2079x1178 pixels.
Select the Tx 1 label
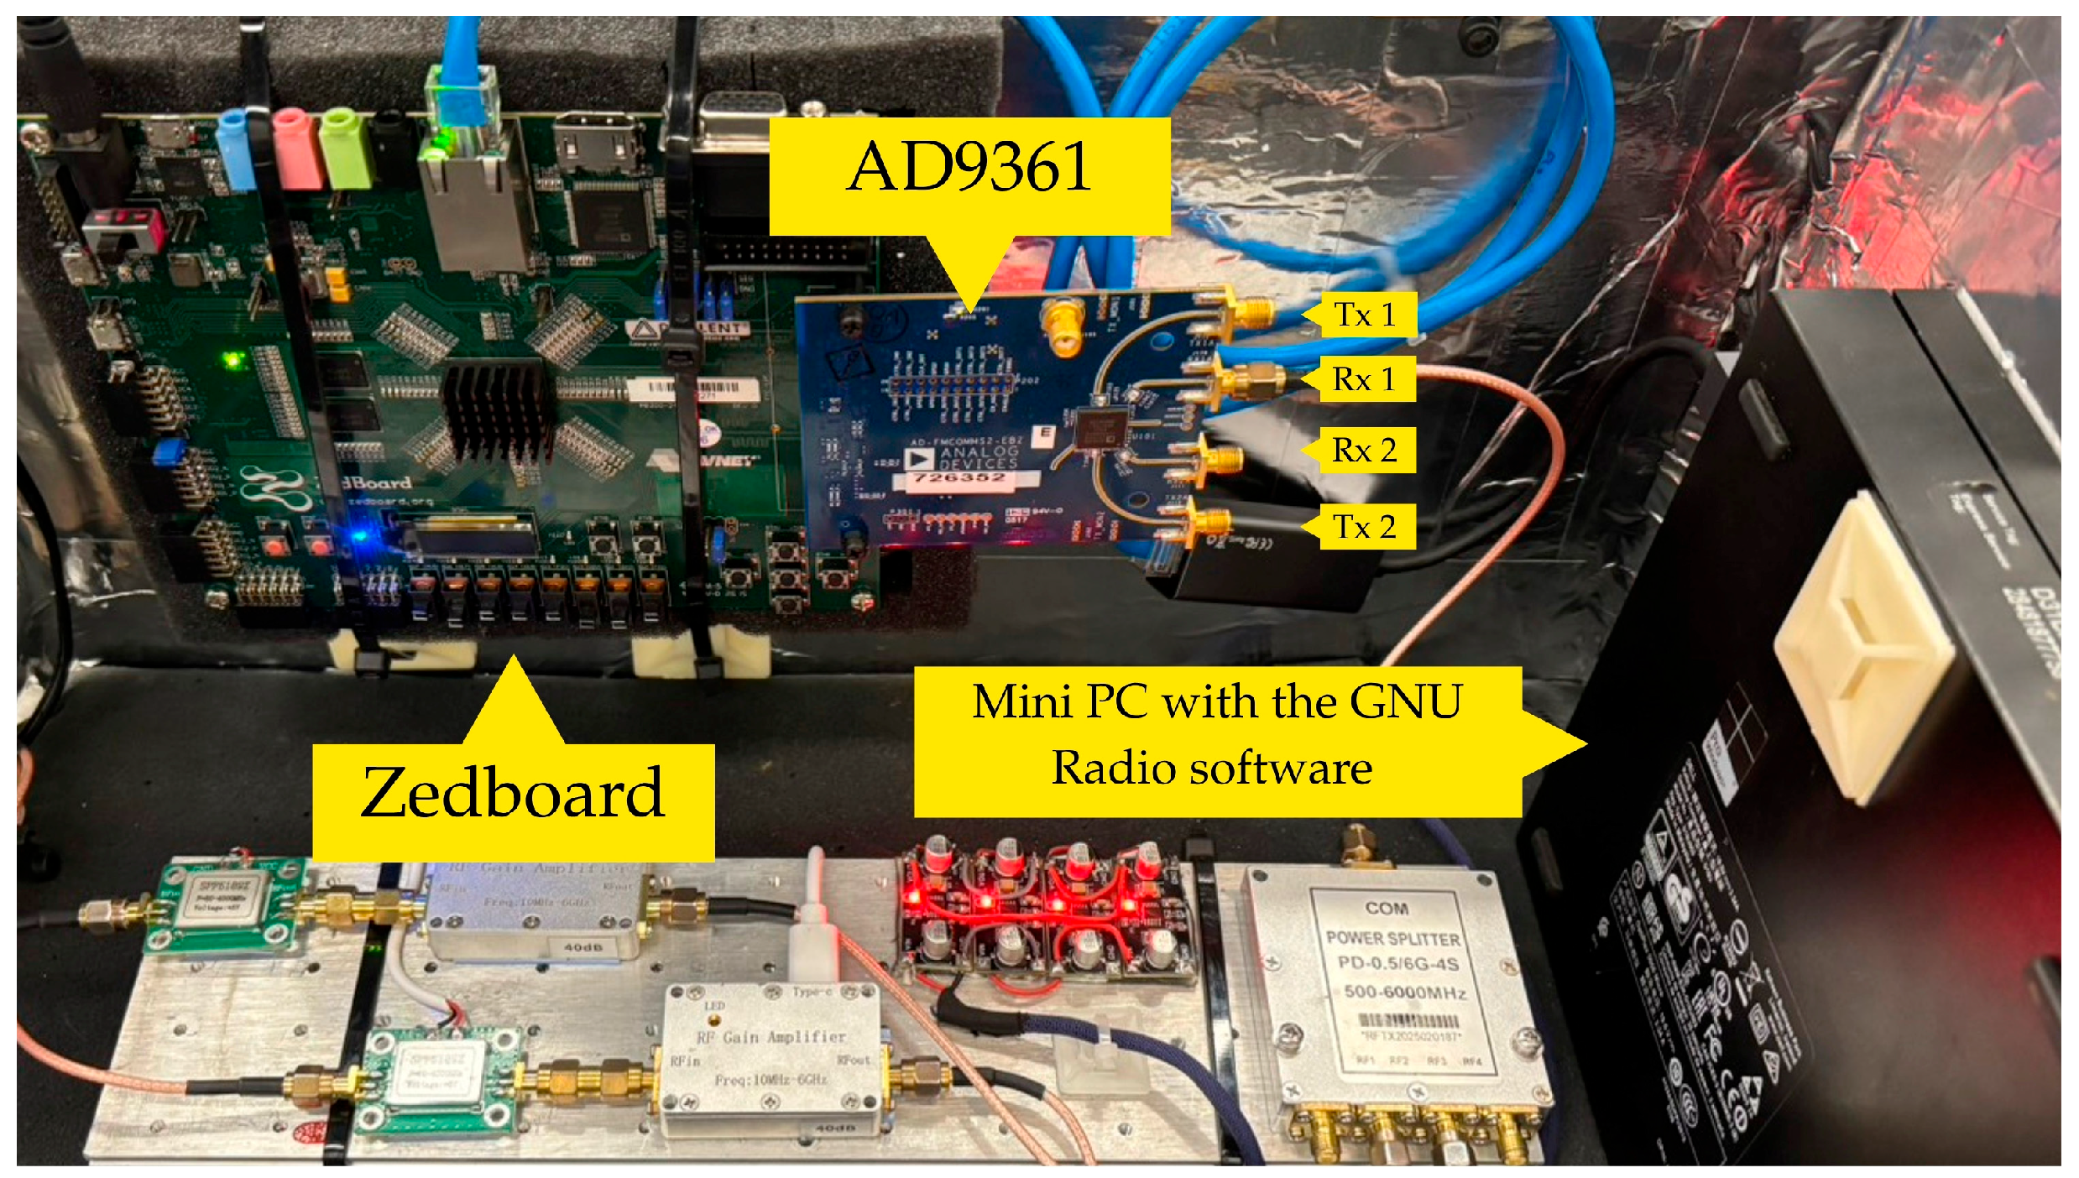point(1366,315)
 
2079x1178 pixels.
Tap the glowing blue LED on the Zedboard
point(361,534)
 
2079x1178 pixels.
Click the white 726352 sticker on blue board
point(961,479)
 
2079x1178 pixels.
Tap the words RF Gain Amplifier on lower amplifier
point(770,1037)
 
